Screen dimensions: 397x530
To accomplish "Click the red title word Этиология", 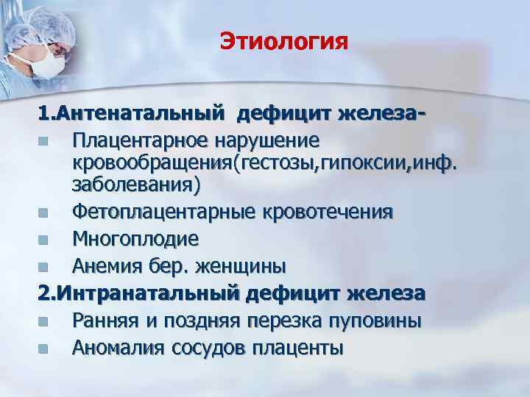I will (x=283, y=42).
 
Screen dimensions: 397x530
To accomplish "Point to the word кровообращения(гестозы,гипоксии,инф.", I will (x=264, y=162).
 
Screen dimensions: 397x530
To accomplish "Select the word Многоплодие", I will (x=136, y=239).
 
